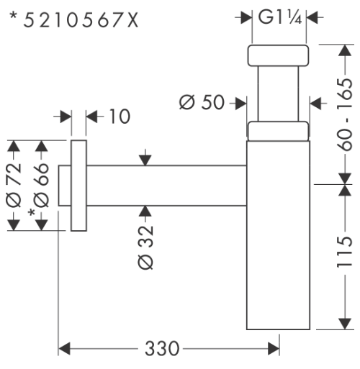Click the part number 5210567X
[81, 20]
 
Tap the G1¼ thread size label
[279, 17]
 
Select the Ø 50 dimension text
[202, 102]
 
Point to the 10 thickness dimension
[120, 117]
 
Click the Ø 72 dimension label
[14, 185]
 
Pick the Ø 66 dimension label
[41, 185]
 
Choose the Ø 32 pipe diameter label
[145, 247]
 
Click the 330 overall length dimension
[162, 348]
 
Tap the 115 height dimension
[345, 252]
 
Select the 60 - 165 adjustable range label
[345, 114]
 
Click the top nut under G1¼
[278, 55]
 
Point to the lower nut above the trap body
[278, 131]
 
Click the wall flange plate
[78, 186]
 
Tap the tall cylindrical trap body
[278, 235]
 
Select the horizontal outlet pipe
[166, 186]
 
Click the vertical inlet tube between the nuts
[278, 94]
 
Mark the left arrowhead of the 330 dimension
[64, 349]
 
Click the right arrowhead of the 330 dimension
[274, 349]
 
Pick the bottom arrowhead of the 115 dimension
[345, 324]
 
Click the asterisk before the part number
[14, 16]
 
